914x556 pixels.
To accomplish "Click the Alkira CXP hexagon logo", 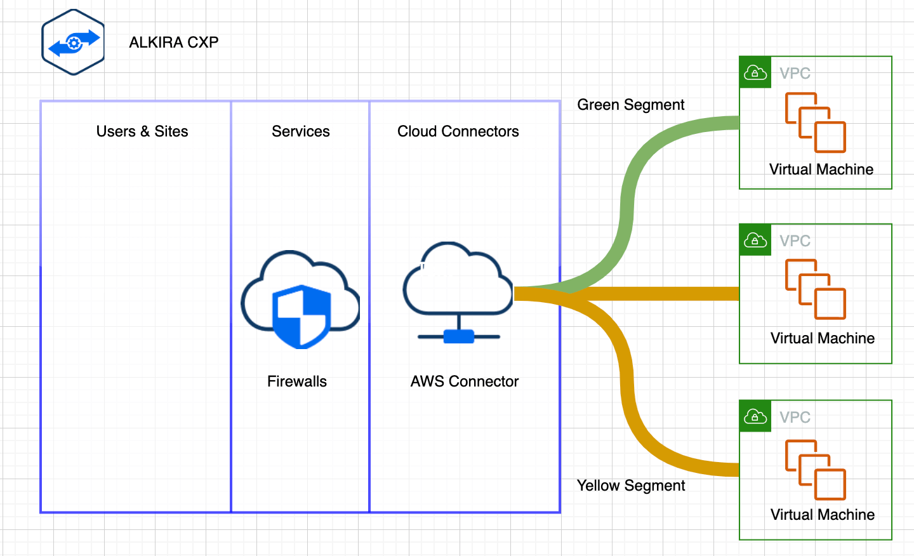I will pos(73,43).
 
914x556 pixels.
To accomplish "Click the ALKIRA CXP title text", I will pos(173,43).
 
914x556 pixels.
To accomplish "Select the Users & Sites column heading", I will pos(142,131).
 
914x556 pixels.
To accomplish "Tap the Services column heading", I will pos(300,131).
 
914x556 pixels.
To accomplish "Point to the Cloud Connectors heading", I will pos(458,131).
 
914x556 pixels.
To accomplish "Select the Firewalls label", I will pos(296,381).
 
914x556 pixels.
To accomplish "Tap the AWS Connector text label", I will pos(464,381).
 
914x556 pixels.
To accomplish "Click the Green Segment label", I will pos(630,105).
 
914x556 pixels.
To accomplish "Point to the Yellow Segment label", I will pos(630,486).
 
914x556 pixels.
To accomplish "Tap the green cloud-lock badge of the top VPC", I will pos(755,72).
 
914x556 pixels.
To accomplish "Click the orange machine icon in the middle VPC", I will pos(816,289).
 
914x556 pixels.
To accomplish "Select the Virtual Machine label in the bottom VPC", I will pos(822,515).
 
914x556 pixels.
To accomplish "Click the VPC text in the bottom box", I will pos(795,417).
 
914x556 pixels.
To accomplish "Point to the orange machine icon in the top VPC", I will pos(816,122).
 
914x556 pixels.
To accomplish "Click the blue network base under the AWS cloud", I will pos(458,336).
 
